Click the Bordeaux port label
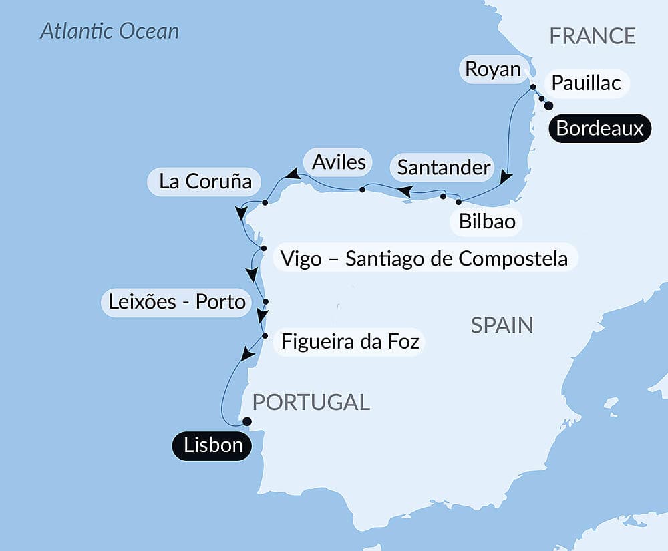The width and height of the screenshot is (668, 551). click(599, 128)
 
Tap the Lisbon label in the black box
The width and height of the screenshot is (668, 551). click(213, 445)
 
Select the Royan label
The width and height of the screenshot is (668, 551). click(493, 69)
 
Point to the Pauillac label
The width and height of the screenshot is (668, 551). click(587, 83)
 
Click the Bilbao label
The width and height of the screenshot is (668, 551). click(488, 221)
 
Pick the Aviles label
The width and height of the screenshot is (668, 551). click(339, 162)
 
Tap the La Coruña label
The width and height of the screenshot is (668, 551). click(205, 181)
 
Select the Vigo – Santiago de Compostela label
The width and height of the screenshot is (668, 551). click(424, 258)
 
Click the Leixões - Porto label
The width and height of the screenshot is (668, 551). click(176, 303)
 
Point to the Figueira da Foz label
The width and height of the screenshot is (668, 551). click(350, 342)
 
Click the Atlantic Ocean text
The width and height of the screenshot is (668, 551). click(110, 31)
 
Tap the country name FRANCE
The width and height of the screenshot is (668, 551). click(593, 36)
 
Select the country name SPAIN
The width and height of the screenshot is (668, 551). click(502, 325)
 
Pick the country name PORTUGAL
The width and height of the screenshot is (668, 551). click(311, 402)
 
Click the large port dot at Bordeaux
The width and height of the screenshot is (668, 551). click(549, 106)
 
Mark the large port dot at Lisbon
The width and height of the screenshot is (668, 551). click(246, 421)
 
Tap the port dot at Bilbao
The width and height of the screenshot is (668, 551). click(458, 202)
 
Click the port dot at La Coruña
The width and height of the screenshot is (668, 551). click(265, 202)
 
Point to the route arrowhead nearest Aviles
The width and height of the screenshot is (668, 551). click(291, 174)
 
